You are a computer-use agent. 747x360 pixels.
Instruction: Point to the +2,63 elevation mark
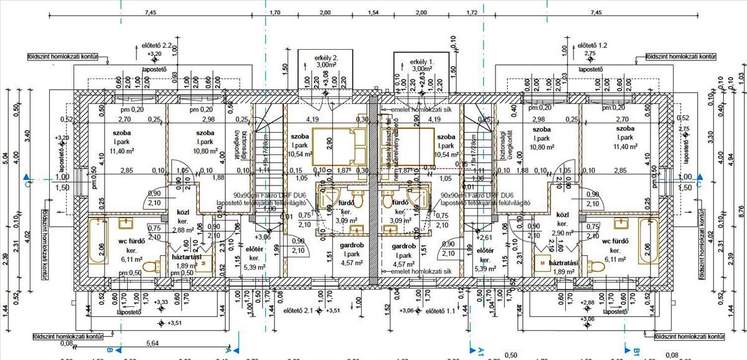[422, 82]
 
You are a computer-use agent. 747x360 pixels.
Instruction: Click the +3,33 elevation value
[161, 303]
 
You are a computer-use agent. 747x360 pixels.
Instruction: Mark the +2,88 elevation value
[587, 303]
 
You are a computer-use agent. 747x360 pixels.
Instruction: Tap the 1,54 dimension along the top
[374, 12]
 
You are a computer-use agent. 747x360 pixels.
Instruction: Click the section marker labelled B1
[637, 352]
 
